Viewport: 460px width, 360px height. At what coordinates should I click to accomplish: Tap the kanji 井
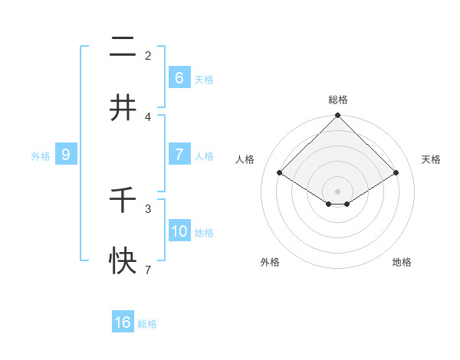click(x=123, y=108)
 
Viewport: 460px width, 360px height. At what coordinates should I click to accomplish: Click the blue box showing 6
click(x=179, y=77)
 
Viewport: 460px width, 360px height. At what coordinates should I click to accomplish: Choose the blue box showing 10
click(x=179, y=231)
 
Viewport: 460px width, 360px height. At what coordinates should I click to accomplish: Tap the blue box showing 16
click(x=123, y=322)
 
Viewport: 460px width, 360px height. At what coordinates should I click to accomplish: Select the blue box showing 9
click(x=66, y=155)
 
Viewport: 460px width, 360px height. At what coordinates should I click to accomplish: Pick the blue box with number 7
click(x=179, y=155)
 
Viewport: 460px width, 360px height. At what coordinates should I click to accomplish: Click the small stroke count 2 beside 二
click(x=148, y=55)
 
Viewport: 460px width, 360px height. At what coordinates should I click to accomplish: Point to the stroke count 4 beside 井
click(x=148, y=117)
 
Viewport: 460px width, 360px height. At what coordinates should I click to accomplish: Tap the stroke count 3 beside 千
click(x=148, y=208)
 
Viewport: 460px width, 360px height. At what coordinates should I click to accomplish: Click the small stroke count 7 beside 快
click(x=148, y=270)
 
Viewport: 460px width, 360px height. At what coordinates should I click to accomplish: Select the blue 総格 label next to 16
click(x=147, y=324)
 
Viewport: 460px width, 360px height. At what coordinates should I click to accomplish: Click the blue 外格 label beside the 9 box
click(x=41, y=156)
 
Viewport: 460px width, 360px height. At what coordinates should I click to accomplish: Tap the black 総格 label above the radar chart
click(x=338, y=100)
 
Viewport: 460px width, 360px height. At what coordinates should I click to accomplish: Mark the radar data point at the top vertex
click(x=338, y=116)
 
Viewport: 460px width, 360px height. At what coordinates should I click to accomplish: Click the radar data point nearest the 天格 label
click(x=396, y=173)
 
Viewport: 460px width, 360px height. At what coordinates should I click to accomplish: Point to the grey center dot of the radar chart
click(x=338, y=191)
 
